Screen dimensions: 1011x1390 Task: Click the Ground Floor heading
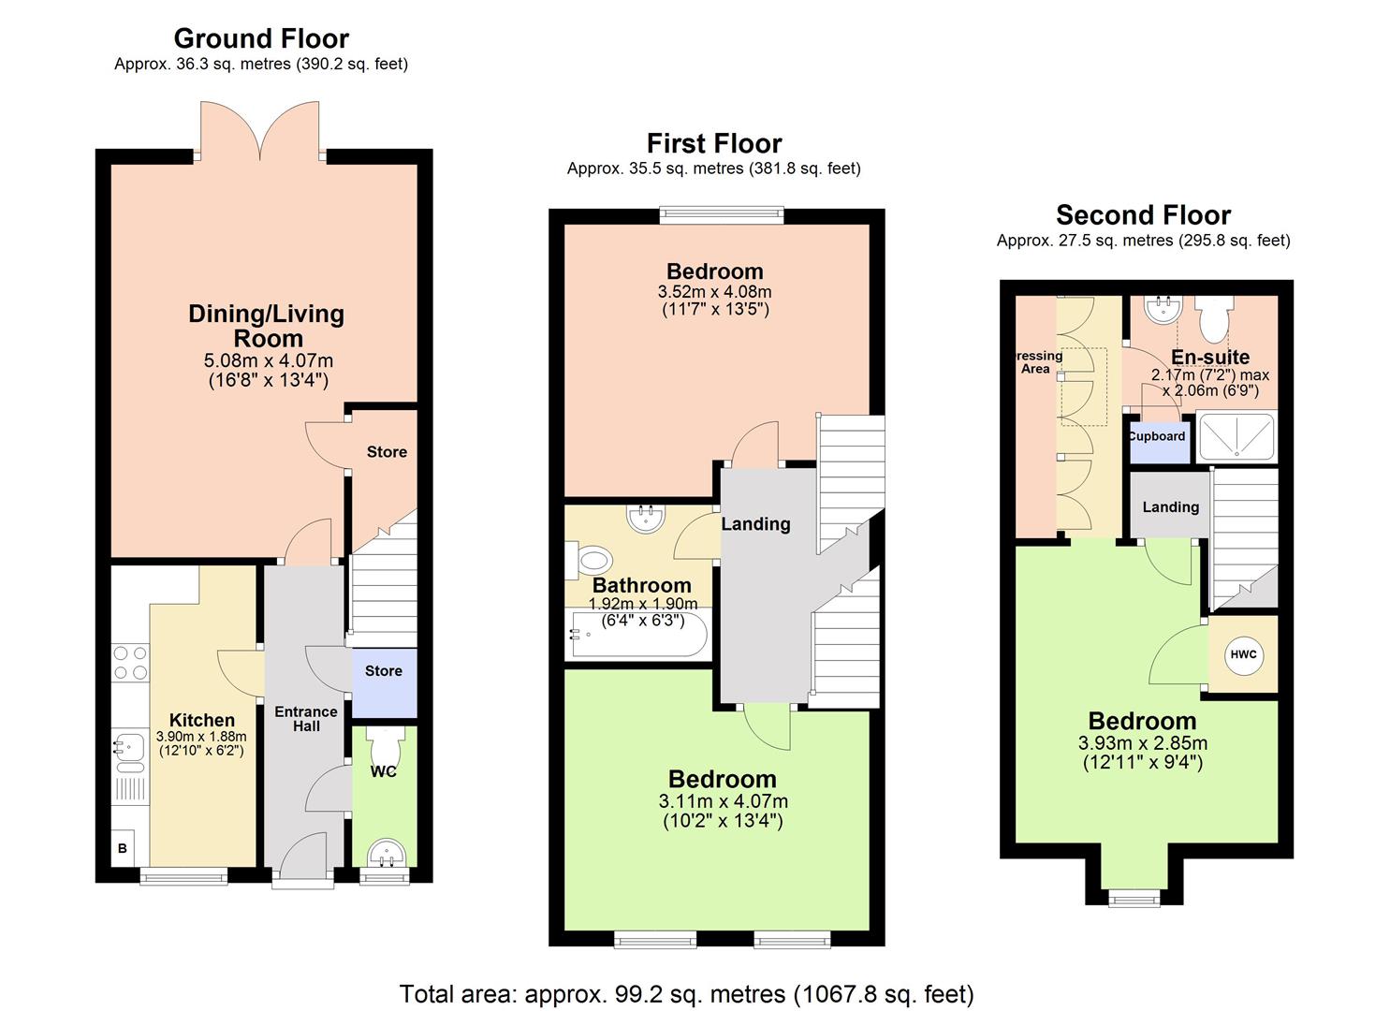pos(261,38)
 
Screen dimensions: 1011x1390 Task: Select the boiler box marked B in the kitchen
pos(123,849)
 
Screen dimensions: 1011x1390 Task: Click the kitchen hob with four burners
pos(130,663)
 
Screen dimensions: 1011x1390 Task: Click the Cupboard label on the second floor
pos(1158,436)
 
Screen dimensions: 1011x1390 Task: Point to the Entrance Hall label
pos(305,719)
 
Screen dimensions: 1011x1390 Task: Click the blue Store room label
pos(384,671)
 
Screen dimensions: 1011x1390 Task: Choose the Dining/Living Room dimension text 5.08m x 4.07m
pos(268,360)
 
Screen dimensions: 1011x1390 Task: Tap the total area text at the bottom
pos(686,993)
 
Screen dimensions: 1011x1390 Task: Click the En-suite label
pos(1210,357)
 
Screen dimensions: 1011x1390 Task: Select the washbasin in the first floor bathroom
pos(645,518)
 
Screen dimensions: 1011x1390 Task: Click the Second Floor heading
pos(1143,215)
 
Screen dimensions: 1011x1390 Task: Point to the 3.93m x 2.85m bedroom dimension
pos(1142,743)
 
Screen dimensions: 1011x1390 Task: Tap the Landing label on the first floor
pos(755,524)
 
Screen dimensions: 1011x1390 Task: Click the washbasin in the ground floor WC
pos(385,854)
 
